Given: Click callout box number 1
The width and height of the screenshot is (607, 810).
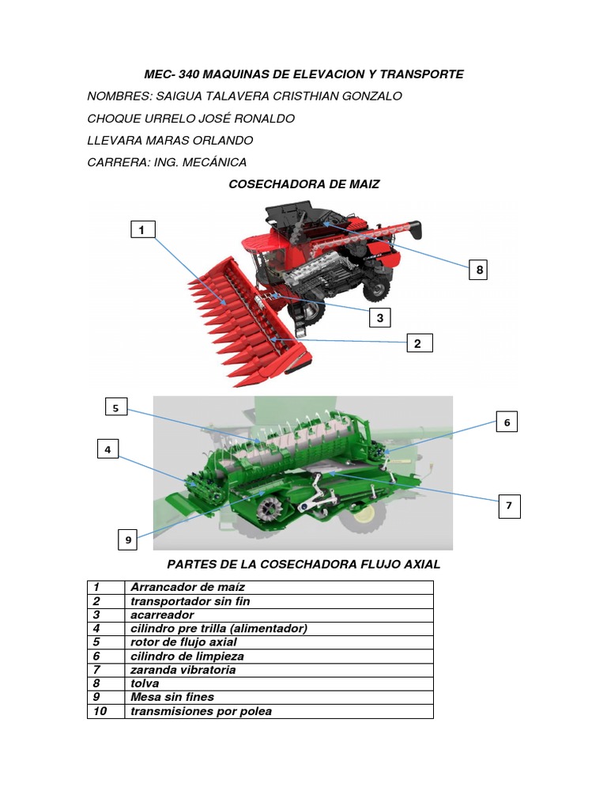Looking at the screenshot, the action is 143,229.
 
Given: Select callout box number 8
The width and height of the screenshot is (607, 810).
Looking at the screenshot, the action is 478,270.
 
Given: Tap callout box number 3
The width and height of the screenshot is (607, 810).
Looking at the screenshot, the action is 380,318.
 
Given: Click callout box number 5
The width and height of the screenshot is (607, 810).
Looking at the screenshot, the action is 116,407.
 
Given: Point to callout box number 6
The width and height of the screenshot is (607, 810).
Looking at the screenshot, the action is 507,422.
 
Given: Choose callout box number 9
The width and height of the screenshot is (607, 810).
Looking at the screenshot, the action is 128,539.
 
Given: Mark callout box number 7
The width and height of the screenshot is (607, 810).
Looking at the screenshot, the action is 510,505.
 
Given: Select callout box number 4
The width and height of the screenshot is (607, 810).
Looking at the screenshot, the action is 107,449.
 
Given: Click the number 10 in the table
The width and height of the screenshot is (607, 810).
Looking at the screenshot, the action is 100,711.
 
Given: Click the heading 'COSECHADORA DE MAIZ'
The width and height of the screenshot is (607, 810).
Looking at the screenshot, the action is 304,184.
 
